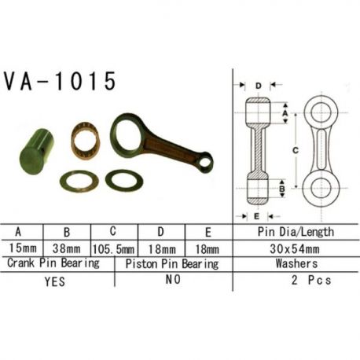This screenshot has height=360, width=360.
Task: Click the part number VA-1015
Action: (60, 81)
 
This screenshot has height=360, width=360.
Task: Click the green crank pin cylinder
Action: (37, 152)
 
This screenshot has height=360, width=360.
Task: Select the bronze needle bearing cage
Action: (85, 141)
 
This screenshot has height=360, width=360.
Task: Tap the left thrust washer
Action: (79, 181)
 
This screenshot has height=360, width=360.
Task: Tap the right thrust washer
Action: (124, 180)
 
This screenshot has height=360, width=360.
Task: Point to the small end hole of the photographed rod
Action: (205, 162)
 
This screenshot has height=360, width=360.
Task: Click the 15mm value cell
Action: (23, 248)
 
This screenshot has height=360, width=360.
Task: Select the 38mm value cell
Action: (66, 248)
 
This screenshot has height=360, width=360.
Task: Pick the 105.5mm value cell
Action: (114, 249)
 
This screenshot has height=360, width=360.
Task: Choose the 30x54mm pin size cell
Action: (295, 249)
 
